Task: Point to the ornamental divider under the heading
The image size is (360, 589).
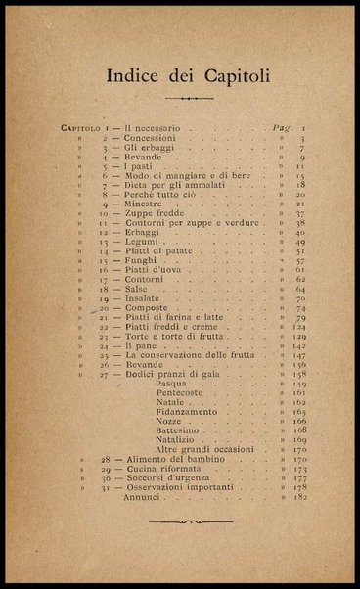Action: coord(181,99)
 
